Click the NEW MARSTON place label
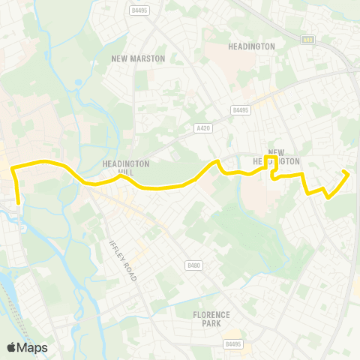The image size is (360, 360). [138, 58]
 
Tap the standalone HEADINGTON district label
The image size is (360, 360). [251, 46]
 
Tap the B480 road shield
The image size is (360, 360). [193, 265]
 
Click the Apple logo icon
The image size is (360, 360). [11, 347]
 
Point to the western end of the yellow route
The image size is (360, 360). [18, 202]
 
